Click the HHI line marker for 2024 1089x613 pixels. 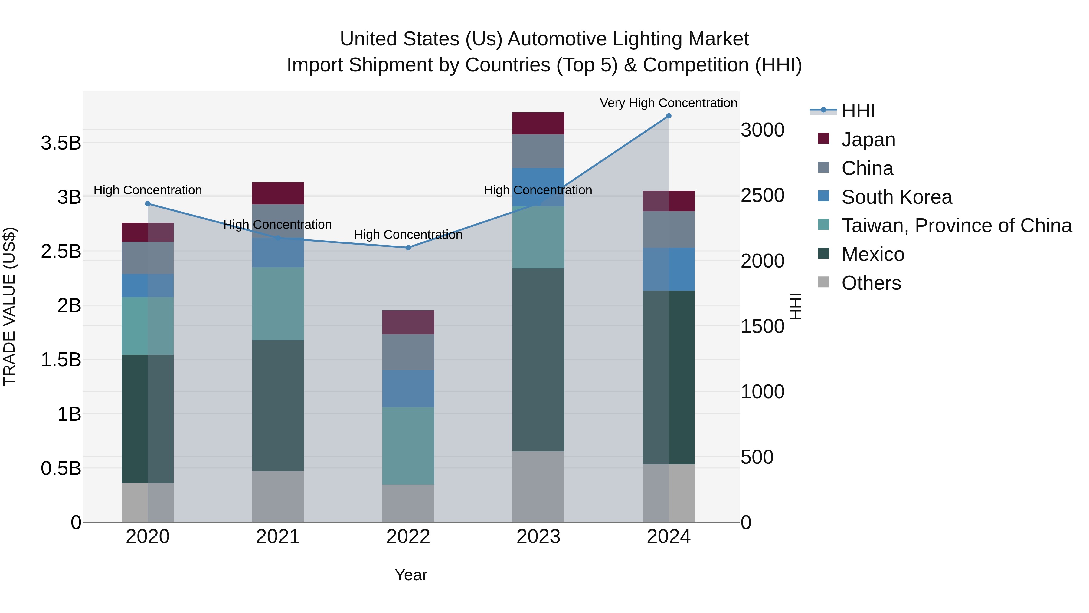(668, 116)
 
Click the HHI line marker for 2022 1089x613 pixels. (408, 248)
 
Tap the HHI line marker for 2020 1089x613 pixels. (148, 203)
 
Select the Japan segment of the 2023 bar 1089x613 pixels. (538, 123)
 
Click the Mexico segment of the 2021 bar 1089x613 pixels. (278, 405)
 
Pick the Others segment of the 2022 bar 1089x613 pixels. (408, 503)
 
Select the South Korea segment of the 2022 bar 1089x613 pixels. (408, 388)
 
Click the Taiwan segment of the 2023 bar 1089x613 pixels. (538, 237)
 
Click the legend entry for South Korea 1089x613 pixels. (896, 197)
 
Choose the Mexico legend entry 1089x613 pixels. (872, 254)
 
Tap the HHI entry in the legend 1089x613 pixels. (858, 111)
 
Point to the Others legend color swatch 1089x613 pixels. (823, 282)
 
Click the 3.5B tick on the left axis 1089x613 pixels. (61, 143)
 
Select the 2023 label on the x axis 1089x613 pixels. (538, 537)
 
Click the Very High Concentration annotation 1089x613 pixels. (668, 103)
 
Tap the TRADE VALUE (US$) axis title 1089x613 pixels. (9, 306)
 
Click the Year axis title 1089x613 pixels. (410, 575)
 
